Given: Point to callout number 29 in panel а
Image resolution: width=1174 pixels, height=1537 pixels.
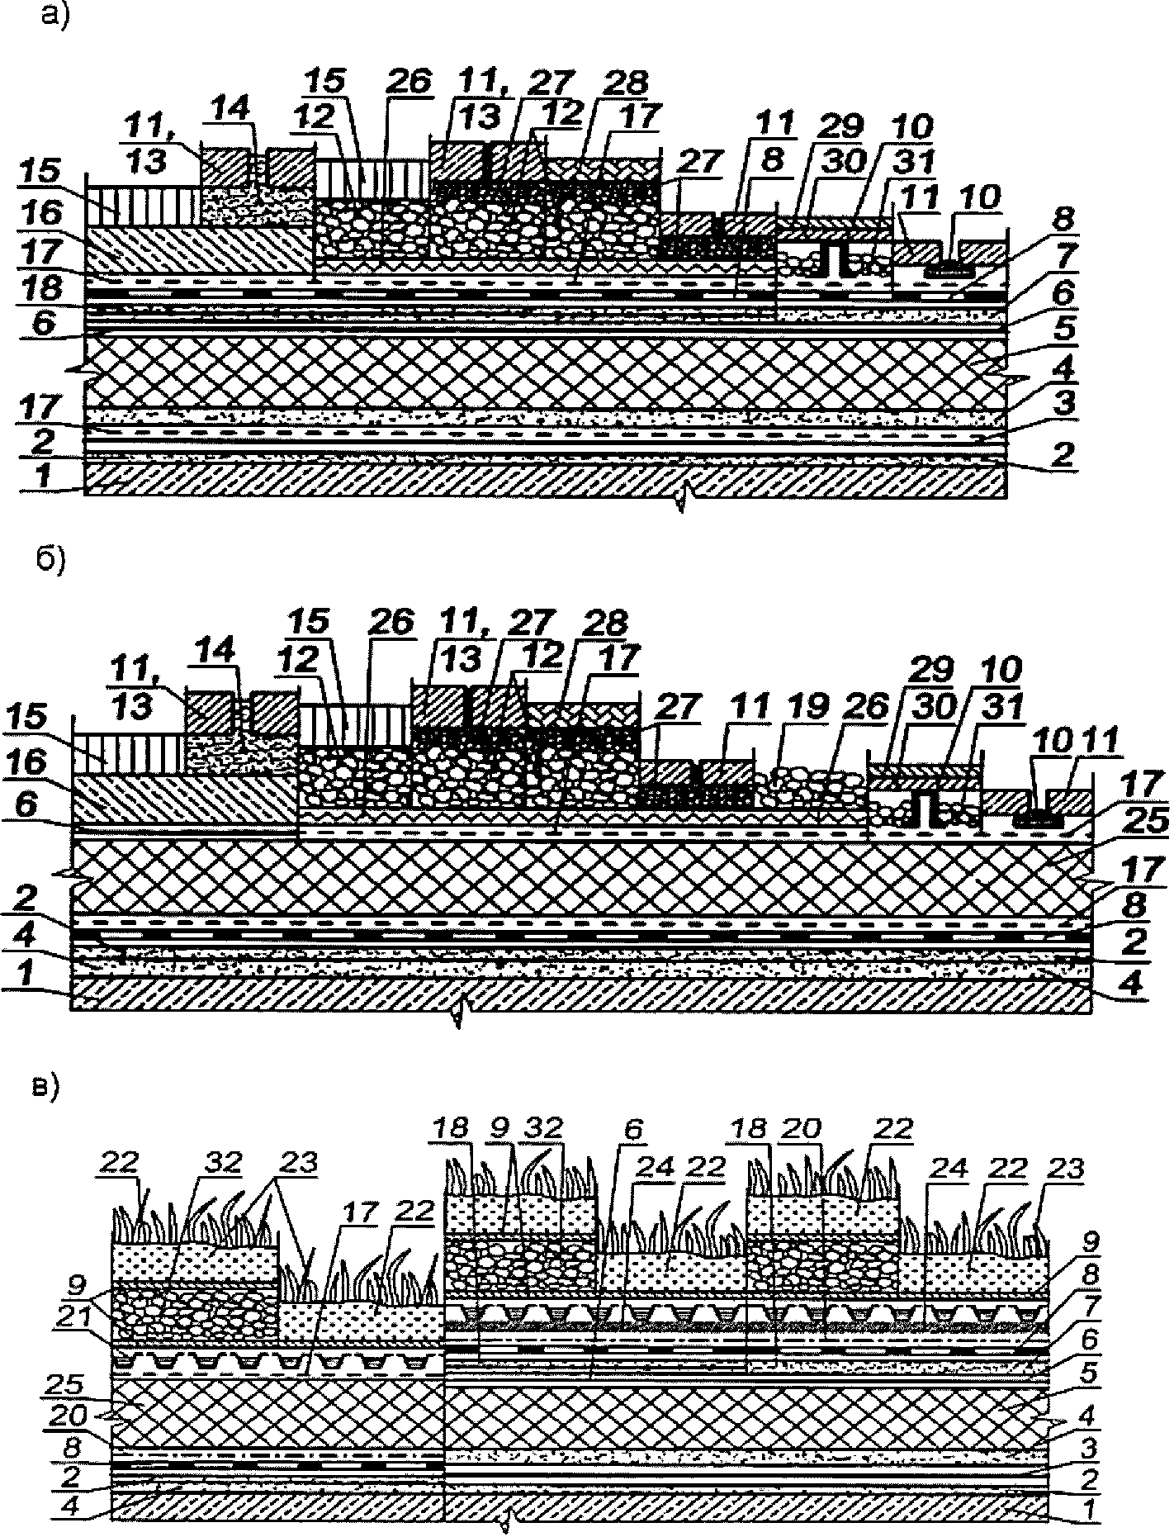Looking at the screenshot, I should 840,126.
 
